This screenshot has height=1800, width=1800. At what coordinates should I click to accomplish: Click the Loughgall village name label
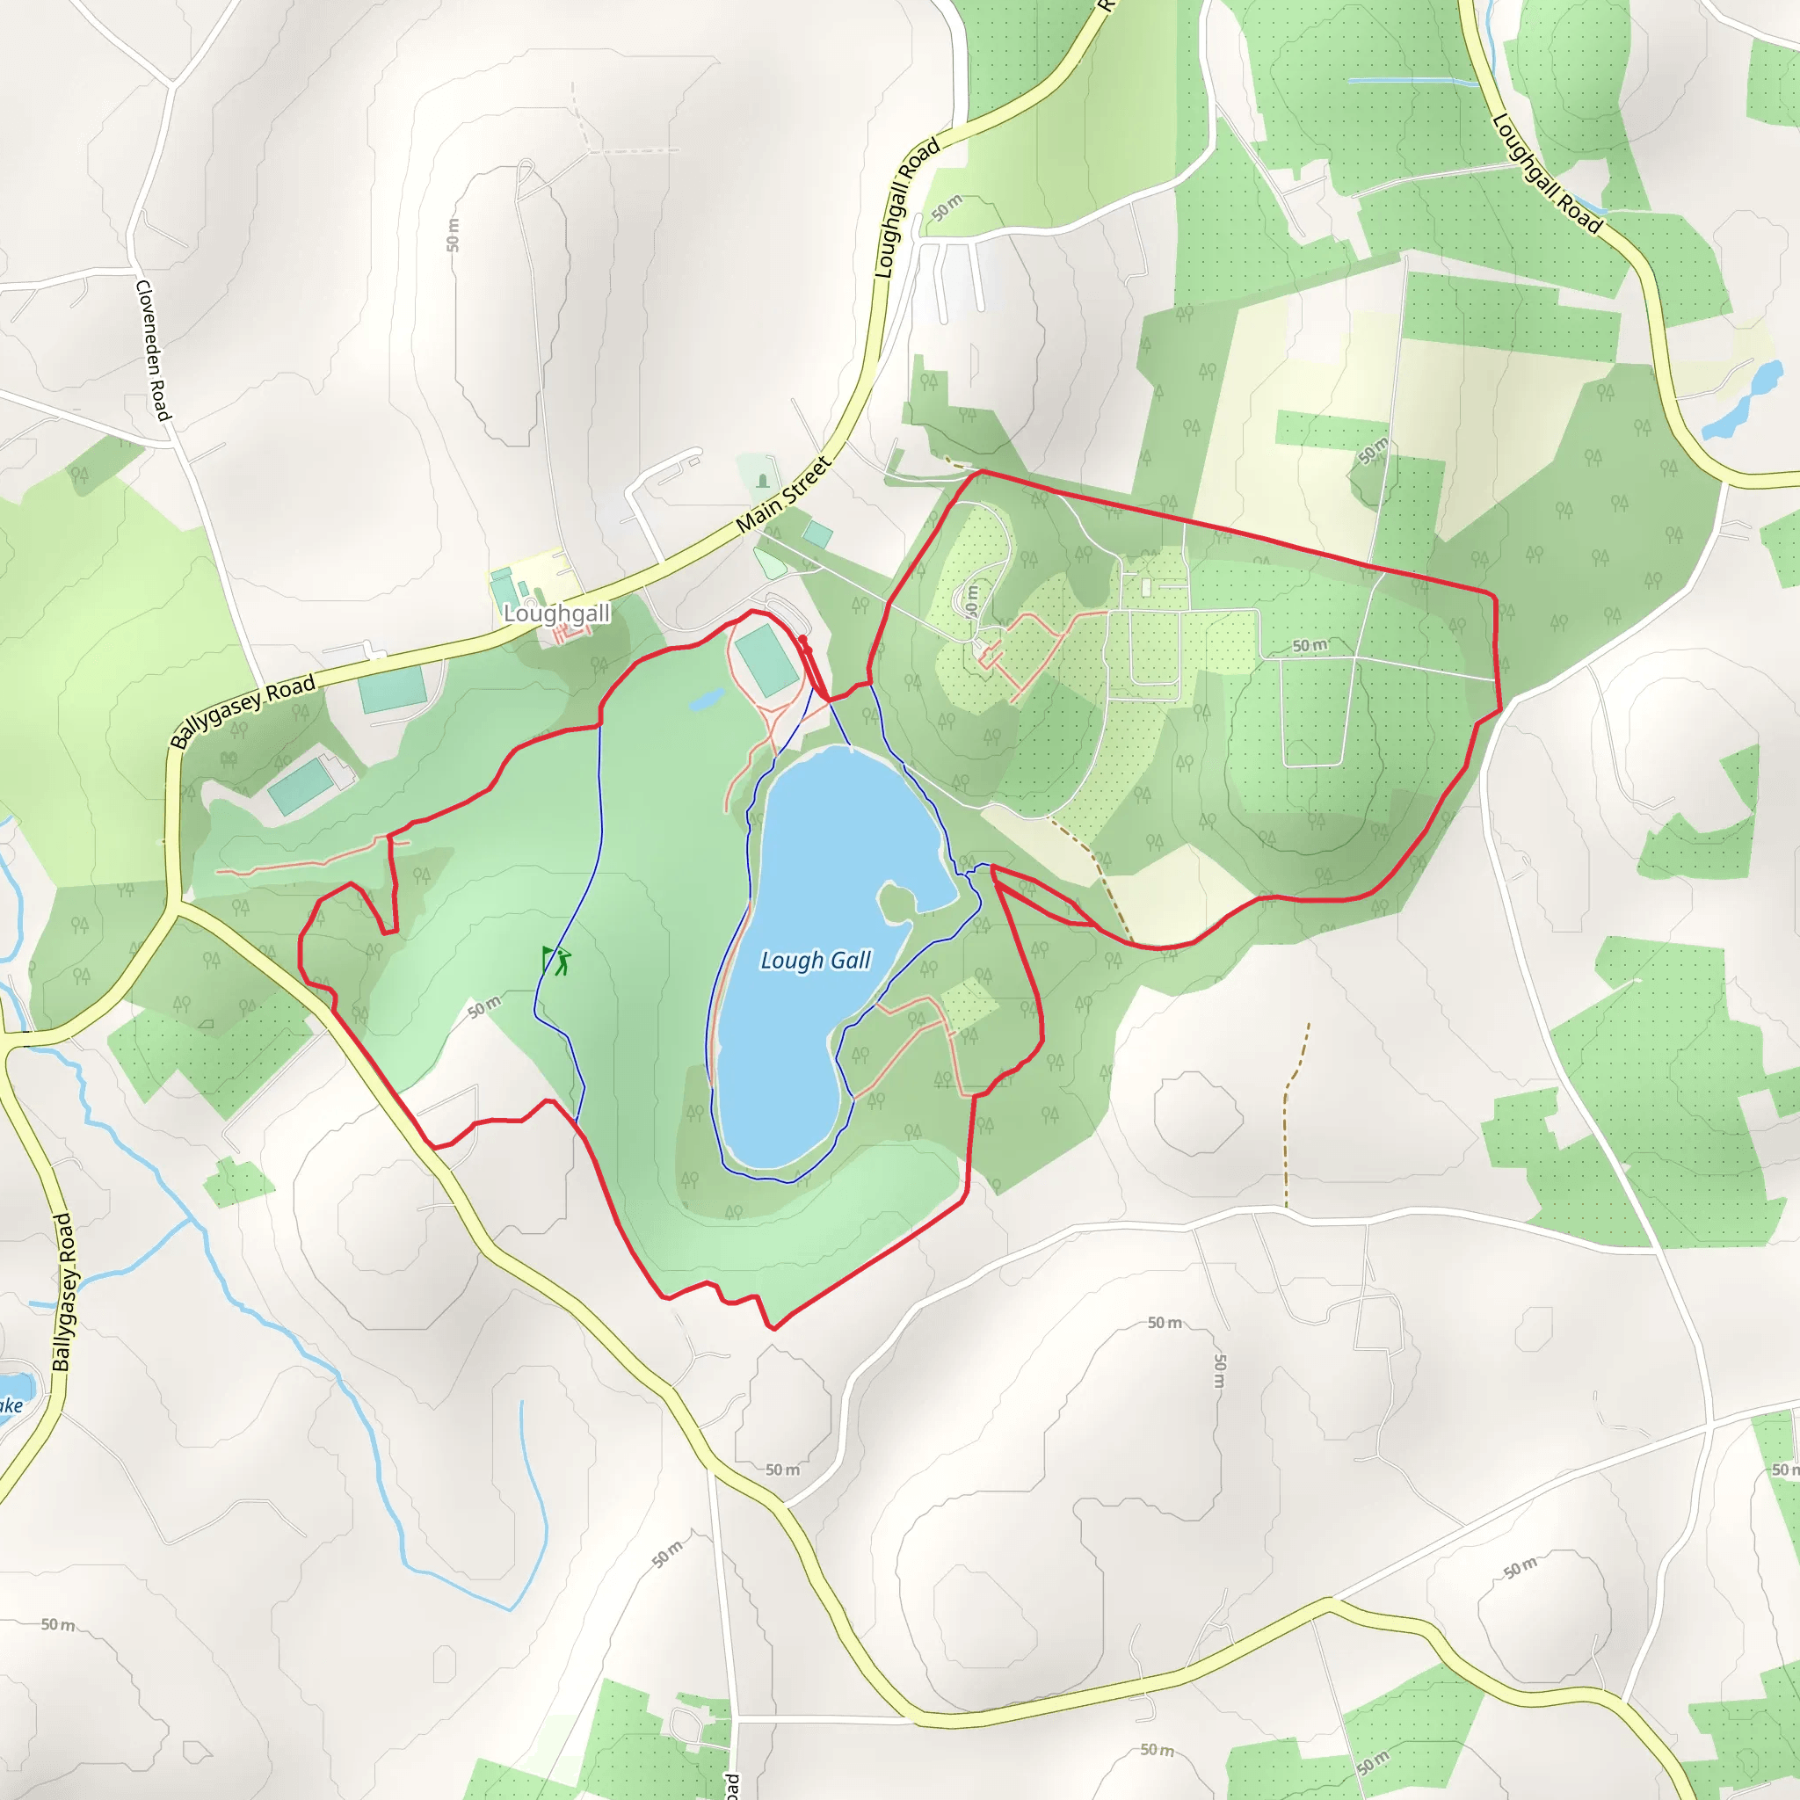pos(556,613)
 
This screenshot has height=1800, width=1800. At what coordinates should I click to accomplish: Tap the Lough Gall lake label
pos(816,960)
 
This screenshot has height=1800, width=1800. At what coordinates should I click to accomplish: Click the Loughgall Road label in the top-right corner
pos(1547,174)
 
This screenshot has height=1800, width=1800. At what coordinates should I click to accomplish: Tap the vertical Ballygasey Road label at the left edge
pos(62,1291)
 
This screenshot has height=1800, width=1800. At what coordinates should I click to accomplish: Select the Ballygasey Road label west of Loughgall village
pos(243,713)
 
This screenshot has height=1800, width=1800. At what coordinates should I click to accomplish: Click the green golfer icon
pos(556,961)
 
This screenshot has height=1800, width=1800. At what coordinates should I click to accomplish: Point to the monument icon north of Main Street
pos(763,481)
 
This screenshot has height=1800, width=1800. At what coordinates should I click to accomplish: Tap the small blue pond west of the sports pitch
pos(708,699)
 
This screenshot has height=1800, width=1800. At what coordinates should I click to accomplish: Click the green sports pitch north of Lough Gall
pos(766,661)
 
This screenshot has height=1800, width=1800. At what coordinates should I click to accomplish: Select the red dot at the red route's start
pos(803,639)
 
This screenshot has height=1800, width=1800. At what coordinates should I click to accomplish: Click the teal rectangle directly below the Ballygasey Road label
pos(392,688)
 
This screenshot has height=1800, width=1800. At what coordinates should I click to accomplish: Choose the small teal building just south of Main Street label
pos(818,533)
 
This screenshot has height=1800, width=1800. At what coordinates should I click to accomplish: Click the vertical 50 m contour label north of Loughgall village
pos(453,235)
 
